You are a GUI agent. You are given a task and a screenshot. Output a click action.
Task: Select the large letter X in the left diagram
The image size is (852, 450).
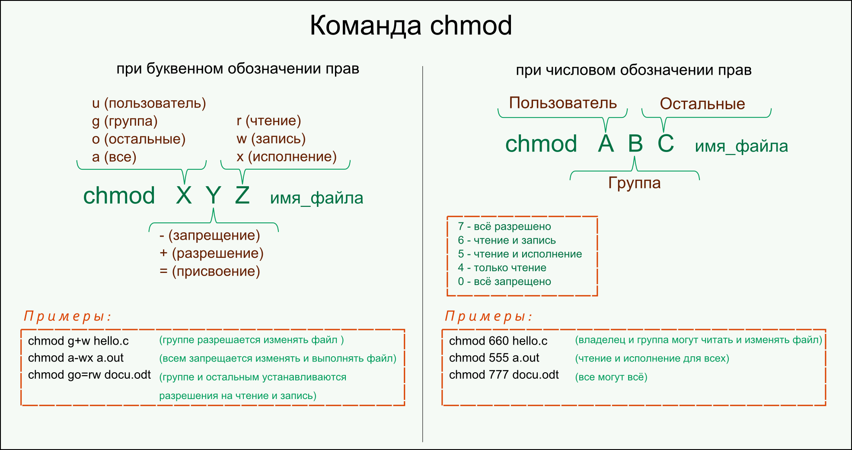point(184,196)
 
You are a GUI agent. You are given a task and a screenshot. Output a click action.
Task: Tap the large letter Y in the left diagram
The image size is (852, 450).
point(213,196)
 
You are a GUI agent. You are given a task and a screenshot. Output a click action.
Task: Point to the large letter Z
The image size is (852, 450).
point(243,196)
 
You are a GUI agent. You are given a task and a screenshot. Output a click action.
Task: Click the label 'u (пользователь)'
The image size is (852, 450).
point(149,103)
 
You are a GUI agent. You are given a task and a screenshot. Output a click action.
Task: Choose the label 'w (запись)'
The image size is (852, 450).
point(271,139)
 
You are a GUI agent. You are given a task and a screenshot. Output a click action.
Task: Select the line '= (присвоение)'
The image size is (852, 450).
point(210,272)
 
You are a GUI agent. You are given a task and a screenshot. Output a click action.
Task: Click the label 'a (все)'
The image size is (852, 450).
point(114,157)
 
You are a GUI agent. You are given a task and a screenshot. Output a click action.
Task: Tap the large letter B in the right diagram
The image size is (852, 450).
point(635,144)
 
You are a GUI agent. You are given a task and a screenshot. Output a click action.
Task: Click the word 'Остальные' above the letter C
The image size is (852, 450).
point(702,104)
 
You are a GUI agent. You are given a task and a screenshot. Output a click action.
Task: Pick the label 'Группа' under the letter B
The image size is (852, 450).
point(634,183)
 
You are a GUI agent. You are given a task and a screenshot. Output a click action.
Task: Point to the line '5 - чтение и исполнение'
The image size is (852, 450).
point(520,254)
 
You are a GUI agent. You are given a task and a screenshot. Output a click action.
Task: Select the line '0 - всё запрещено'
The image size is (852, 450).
point(504,282)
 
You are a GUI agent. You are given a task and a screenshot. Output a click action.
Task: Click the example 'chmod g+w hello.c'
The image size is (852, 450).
point(78,341)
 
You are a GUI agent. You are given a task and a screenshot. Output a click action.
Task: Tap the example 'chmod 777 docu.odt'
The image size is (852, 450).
point(504,375)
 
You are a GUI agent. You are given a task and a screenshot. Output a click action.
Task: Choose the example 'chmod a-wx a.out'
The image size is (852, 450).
point(76,358)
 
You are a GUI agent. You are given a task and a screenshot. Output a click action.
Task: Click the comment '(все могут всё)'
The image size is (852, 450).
point(611,377)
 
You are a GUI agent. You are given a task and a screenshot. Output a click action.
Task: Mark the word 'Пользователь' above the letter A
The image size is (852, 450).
point(562,103)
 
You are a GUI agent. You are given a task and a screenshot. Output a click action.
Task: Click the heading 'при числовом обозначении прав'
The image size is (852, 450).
point(633,70)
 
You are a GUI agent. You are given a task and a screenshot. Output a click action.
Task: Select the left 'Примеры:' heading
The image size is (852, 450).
point(67,317)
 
